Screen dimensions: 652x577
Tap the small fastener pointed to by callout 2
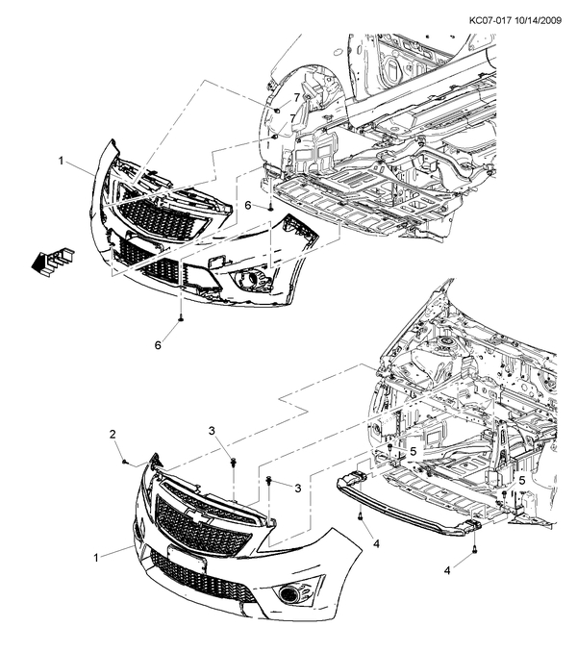coord(126,462)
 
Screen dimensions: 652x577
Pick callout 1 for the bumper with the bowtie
coord(97,557)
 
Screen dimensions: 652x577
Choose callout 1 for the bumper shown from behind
coord(62,161)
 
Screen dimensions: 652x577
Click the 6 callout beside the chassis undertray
coord(247,206)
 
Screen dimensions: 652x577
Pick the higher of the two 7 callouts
coord(296,99)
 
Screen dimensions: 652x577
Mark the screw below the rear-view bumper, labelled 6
coord(181,316)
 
